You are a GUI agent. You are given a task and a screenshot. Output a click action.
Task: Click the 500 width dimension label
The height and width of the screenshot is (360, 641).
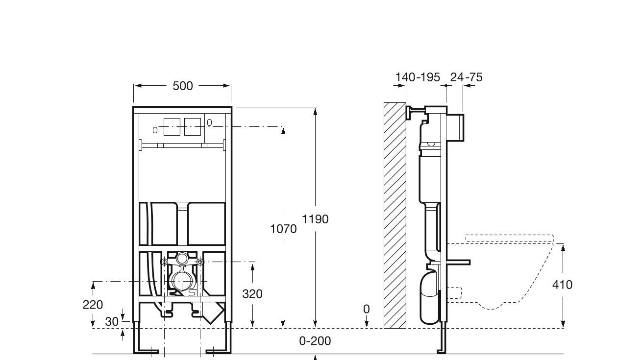183,86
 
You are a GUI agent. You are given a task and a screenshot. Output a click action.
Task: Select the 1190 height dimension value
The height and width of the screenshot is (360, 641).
315,219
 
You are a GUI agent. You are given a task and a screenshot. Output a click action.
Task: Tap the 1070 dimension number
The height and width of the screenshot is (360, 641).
283,229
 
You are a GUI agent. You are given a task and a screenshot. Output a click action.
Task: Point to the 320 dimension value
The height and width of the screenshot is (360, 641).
252,294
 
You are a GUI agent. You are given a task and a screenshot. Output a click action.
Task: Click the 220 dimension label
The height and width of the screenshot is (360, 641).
93,305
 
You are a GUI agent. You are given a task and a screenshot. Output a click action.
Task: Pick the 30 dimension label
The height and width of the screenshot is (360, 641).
112,322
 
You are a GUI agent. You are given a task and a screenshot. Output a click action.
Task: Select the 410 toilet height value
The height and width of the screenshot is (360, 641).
562,285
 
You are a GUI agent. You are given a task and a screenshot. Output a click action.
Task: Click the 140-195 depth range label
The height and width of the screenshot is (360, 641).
418,77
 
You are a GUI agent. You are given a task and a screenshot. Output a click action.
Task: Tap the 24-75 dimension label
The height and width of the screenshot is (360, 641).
467,77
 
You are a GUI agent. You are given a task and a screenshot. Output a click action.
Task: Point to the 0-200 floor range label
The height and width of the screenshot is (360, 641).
315,341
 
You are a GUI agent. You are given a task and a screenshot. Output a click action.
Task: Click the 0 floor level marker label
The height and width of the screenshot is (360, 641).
367,309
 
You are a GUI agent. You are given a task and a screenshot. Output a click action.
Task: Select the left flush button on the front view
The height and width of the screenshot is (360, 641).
172,126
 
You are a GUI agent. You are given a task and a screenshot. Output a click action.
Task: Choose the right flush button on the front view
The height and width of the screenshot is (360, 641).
193,126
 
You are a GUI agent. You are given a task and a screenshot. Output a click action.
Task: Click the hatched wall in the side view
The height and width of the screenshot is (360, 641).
395,216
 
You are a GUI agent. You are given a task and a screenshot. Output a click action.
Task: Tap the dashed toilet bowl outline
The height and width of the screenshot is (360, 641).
510,274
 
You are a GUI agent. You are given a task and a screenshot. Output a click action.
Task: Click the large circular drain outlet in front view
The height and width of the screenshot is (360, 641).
181,281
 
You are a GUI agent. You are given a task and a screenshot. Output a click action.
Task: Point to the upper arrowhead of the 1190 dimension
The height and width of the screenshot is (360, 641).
315,111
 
